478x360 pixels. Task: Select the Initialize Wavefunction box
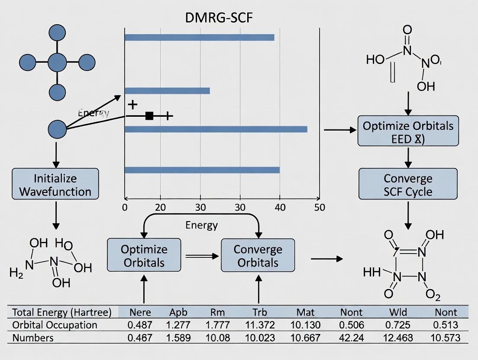55,185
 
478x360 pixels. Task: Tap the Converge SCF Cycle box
407,184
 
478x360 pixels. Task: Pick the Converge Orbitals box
258,256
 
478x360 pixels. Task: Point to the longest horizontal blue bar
216,129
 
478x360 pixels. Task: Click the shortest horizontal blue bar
167,91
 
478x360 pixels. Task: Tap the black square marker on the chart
149,116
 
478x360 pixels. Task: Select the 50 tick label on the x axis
319,207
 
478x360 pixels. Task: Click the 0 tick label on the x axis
125,207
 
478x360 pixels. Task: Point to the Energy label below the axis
201,225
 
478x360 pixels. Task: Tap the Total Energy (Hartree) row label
61,312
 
